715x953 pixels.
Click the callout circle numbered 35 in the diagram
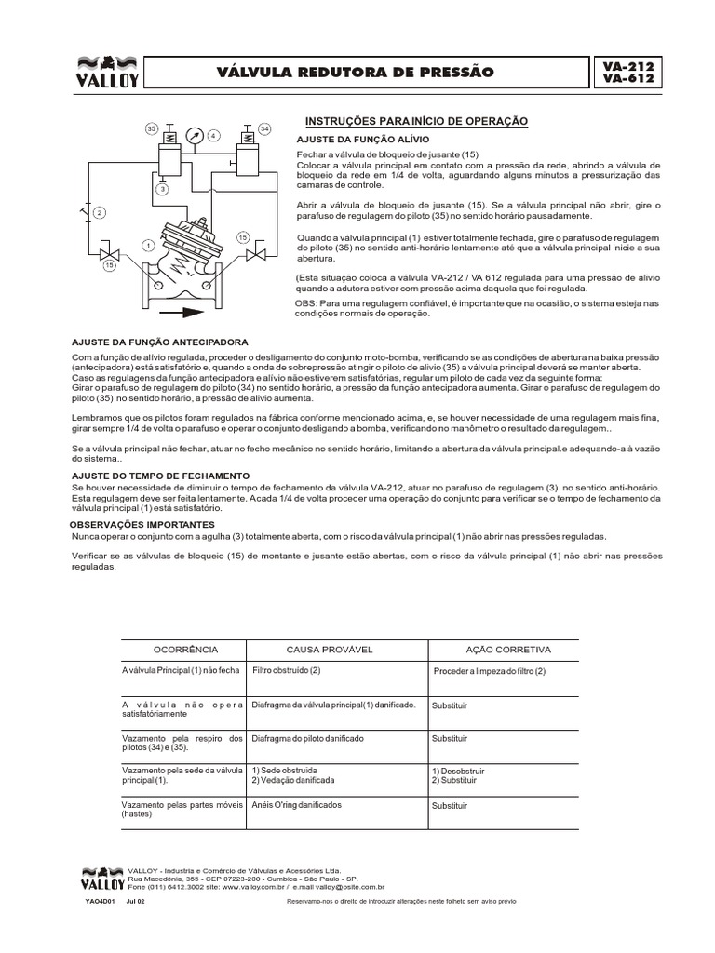coord(150,128)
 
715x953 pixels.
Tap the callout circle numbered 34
coord(263,128)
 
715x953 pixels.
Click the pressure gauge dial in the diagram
coord(196,134)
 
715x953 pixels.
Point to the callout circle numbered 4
coord(213,136)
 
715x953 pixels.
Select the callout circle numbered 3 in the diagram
coord(161,189)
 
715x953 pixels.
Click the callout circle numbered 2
coord(100,213)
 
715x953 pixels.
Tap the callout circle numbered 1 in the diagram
coord(146,246)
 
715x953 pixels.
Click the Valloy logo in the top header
coord(105,73)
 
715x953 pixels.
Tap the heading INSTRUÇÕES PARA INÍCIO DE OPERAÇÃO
coord(417,122)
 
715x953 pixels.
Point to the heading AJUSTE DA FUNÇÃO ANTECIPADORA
coord(160,342)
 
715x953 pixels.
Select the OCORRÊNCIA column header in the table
coord(184,650)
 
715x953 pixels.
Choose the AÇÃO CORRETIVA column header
coord(508,650)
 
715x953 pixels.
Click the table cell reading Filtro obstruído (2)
coord(286,670)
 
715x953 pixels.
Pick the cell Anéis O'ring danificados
coord(297,804)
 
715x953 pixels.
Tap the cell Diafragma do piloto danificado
coord(307,737)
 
